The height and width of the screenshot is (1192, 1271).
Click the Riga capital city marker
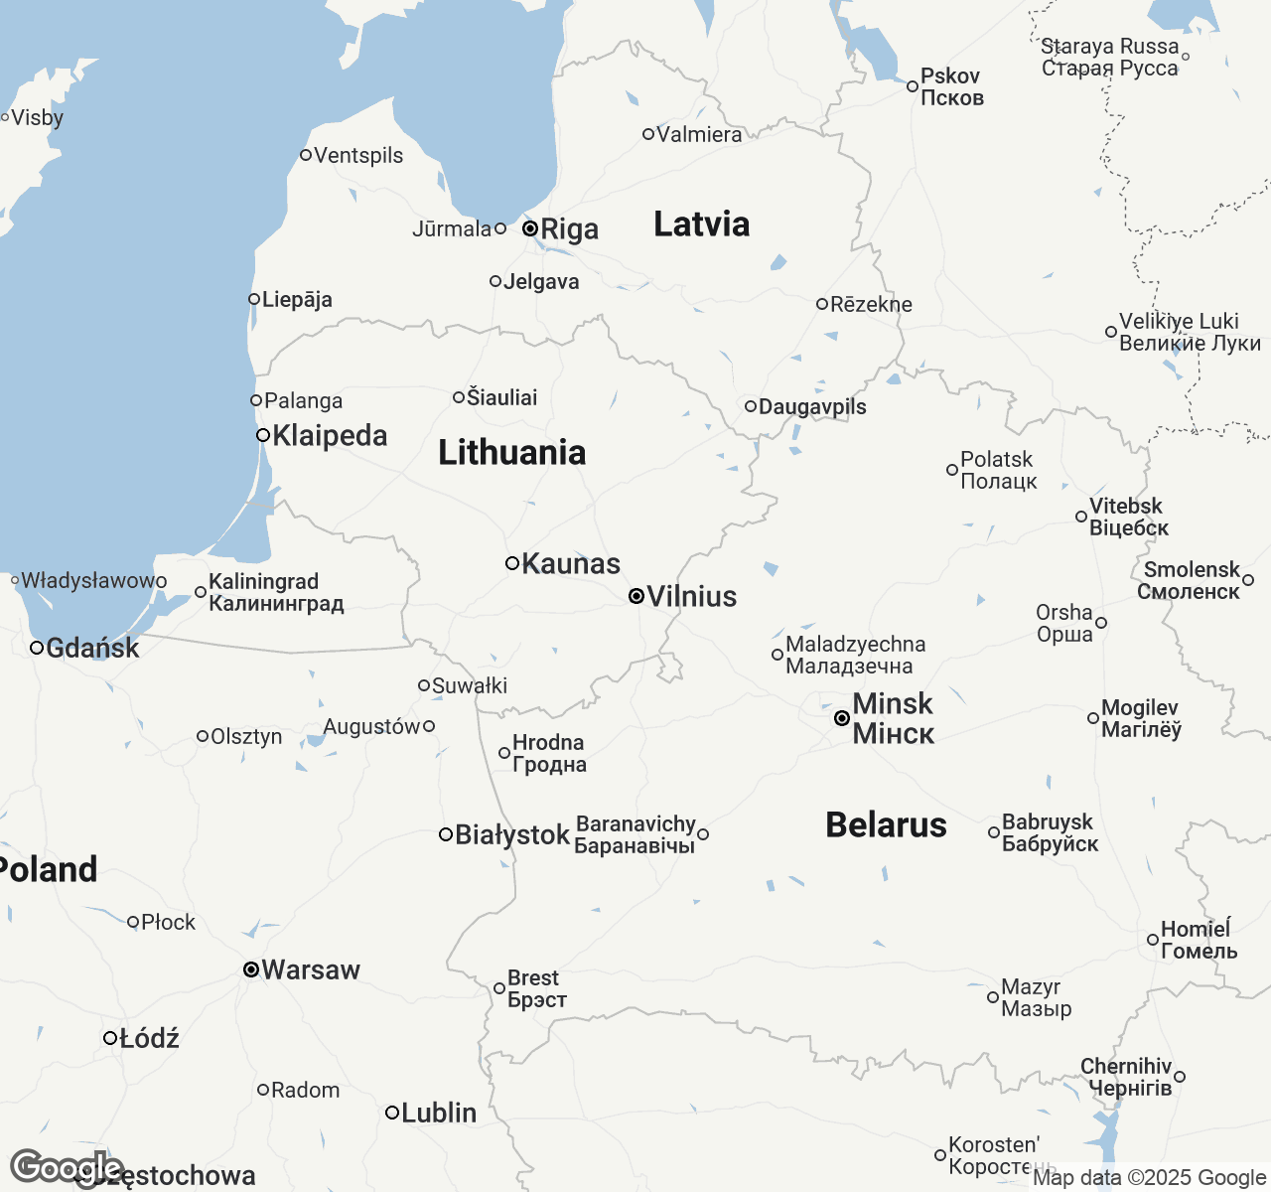tap(530, 228)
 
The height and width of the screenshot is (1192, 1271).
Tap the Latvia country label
tap(701, 224)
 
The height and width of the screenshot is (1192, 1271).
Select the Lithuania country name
tap(511, 453)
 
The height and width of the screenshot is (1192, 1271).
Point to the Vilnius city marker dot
tap(636, 596)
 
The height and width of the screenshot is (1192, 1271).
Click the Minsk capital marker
tap(842, 718)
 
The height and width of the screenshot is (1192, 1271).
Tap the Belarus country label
tap(886, 825)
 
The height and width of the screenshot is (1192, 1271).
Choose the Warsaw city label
tap(311, 969)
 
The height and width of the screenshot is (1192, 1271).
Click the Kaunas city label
tap(571, 564)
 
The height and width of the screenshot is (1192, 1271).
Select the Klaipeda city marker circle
tap(263, 435)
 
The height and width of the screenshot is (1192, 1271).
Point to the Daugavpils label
tap(812, 407)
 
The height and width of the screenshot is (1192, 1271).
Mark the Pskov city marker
tap(913, 86)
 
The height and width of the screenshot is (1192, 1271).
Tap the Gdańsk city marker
tap(37, 648)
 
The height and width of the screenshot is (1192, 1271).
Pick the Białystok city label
tap(512, 835)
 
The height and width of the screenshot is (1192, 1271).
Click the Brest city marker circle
tap(499, 988)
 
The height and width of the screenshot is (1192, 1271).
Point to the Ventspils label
tap(358, 155)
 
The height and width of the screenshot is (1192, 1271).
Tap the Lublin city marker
tap(392, 1113)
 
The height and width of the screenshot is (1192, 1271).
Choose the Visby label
tap(38, 118)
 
